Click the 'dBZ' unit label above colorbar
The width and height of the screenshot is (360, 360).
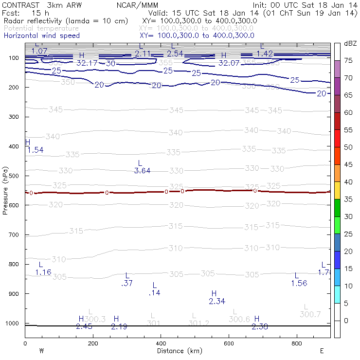click(350, 43)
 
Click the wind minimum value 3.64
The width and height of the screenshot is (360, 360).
click(142, 171)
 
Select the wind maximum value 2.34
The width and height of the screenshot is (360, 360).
click(217, 302)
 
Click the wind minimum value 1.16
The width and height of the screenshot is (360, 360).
click(43, 272)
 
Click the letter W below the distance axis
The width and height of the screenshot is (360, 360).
click(42, 351)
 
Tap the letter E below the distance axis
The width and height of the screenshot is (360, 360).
click(322, 351)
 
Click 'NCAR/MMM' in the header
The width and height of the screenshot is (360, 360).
click(138, 5)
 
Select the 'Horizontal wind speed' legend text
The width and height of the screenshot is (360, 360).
click(42, 36)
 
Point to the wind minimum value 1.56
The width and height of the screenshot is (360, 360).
click(299, 283)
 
